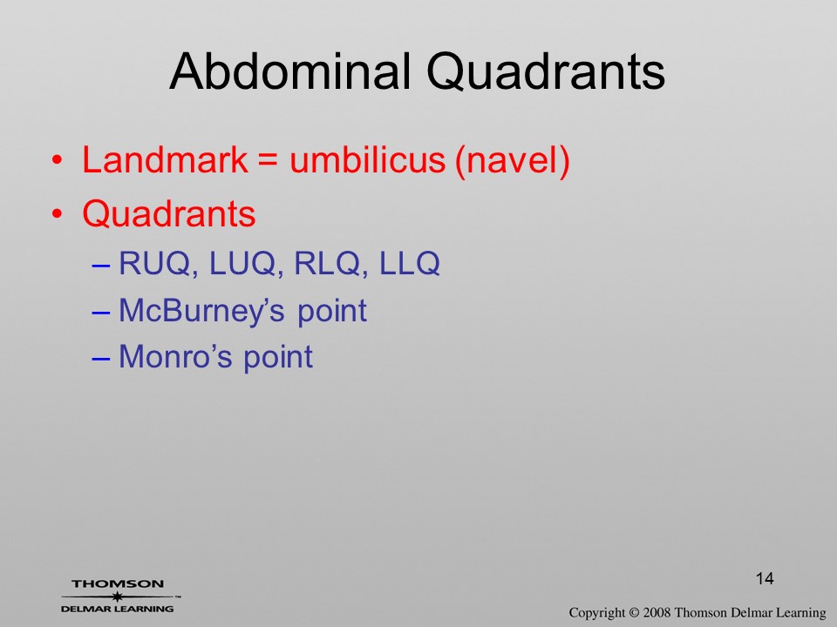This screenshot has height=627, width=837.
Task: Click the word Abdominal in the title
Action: [x=290, y=71]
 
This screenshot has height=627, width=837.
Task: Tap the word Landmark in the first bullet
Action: [x=165, y=159]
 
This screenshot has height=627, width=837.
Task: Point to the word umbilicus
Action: [x=367, y=159]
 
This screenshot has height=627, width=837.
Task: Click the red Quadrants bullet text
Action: [x=169, y=214]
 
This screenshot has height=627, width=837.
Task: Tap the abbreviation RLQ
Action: [x=328, y=263]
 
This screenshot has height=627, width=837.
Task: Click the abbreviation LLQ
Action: [x=410, y=263]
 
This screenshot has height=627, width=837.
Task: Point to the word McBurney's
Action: [x=201, y=311]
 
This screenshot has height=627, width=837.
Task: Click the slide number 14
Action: [x=765, y=578]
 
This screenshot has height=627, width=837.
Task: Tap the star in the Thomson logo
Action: [x=116, y=597]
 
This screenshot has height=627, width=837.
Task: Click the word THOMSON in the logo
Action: [x=118, y=583]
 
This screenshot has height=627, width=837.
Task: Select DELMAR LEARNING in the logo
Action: [x=118, y=609]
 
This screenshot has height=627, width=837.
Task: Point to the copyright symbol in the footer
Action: [x=634, y=612]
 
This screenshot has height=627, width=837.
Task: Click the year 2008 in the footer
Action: [x=657, y=612]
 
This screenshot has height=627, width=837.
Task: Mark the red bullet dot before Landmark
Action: [x=58, y=160]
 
